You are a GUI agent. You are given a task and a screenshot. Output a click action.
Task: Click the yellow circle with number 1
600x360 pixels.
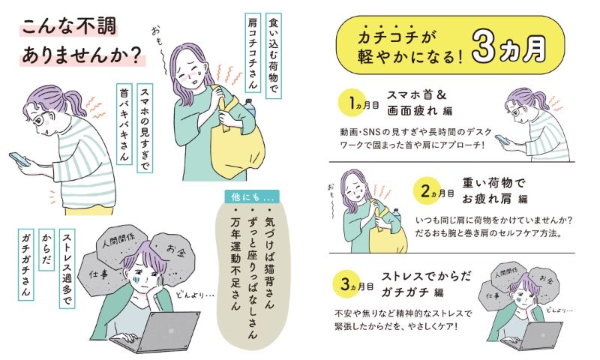coord(351,103)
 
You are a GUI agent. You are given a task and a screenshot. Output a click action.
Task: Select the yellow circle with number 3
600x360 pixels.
coord(346,283)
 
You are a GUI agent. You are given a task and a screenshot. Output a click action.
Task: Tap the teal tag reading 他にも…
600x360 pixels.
coord(252,196)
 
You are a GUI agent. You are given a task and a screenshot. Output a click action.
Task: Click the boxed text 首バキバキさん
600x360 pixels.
coord(124,124)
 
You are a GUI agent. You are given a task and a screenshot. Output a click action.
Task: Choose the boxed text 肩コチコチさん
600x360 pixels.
coord(253,52)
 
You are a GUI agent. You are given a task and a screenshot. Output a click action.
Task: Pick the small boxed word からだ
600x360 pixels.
coord(46,249)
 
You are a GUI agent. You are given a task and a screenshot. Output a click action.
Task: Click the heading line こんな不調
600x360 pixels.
coord(69,28)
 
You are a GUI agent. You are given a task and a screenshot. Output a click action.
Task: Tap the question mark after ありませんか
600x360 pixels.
coord(134,55)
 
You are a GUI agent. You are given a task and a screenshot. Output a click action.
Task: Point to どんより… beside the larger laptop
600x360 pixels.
coord(195,295)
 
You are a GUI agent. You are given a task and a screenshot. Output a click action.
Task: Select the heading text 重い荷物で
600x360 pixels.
coord(493,183)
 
